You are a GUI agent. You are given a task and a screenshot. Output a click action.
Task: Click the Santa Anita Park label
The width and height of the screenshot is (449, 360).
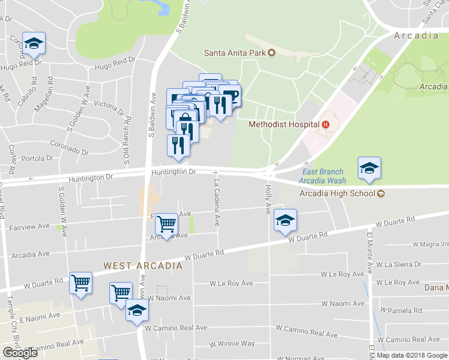coord(235,52)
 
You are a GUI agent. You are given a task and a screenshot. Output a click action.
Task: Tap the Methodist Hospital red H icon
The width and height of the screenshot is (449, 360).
coord(326,125)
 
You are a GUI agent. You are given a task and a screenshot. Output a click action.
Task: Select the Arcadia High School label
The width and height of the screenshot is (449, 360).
coord(337,193)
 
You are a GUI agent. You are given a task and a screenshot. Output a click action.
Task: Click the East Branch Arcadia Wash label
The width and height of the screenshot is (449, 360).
coord(322,176)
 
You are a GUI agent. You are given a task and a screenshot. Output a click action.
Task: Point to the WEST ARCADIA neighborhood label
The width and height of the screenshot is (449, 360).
coord(142,265)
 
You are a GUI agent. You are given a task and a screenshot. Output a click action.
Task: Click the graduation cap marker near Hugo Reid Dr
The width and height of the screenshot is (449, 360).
coord(34,43)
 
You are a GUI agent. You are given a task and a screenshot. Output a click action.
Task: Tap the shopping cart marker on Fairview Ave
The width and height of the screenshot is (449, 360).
coord(166,224)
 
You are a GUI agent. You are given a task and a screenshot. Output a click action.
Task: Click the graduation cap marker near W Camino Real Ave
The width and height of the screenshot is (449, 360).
coord(137,310)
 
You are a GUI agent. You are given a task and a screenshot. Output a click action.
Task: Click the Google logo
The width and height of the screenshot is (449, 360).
coord(19,353)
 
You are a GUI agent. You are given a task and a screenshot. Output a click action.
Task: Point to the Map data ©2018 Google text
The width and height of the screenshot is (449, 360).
coord(412,355)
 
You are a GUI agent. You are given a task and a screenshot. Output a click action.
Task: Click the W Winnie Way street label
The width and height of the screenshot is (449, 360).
coord(232,344)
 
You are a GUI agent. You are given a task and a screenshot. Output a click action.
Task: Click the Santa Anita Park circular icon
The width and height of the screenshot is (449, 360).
coord(271,52)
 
